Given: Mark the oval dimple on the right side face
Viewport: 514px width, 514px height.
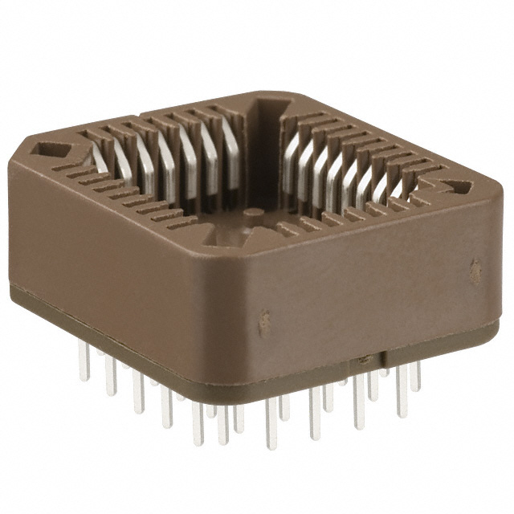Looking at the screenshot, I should [475, 264].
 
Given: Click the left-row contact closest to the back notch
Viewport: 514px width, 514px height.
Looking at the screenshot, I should [232, 145].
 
